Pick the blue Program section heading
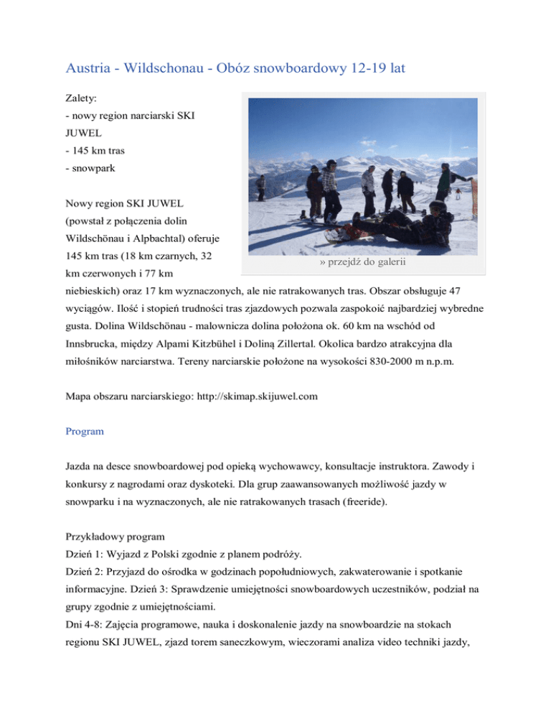tap(85, 432)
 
